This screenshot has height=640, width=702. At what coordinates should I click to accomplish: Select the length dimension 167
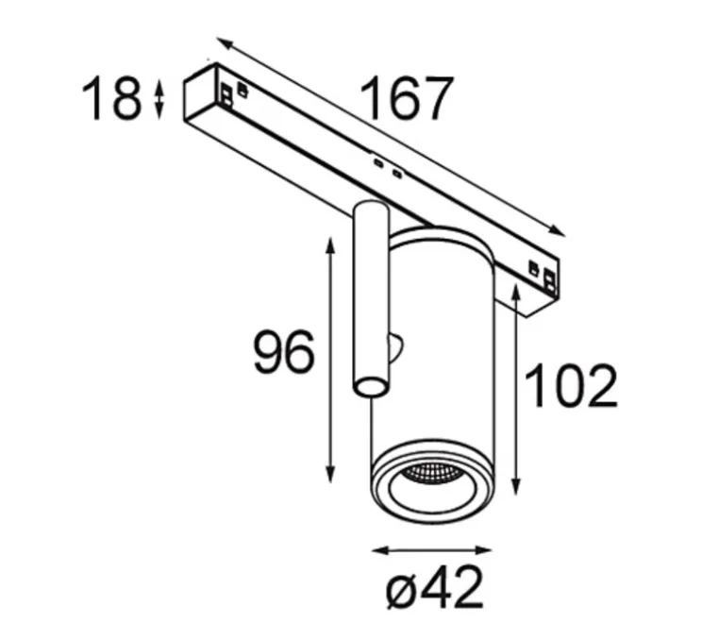click(406, 97)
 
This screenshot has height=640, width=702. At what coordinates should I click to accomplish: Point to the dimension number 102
click(571, 385)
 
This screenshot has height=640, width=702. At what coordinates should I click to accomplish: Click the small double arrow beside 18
click(159, 99)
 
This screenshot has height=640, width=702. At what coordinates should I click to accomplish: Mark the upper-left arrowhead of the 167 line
click(222, 42)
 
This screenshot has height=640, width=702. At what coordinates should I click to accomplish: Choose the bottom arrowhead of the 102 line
click(515, 491)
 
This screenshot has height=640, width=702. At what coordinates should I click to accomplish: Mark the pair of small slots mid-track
click(387, 168)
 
